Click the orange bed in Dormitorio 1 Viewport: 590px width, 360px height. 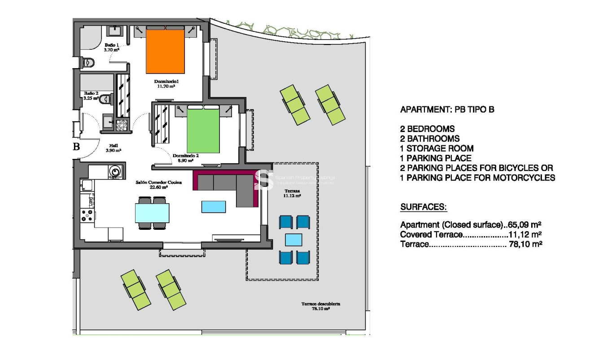(165, 50)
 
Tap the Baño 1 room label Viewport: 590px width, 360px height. (112, 48)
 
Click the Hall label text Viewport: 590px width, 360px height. (113, 148)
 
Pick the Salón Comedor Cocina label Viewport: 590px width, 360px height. (152, 185)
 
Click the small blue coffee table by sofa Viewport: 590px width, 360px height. (214, 206)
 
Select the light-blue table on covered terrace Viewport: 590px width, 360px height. (294, 240)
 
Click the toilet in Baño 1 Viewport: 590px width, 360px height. (87, 62)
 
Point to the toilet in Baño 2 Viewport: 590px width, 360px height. (105, 99)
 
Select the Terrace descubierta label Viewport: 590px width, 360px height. (320, 306)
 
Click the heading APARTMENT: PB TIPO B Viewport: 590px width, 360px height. (446, 110)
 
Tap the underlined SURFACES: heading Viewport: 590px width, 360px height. (423, 207)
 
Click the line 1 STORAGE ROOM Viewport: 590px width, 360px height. (436, 149)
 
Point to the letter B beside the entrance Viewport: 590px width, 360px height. (76, 146)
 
